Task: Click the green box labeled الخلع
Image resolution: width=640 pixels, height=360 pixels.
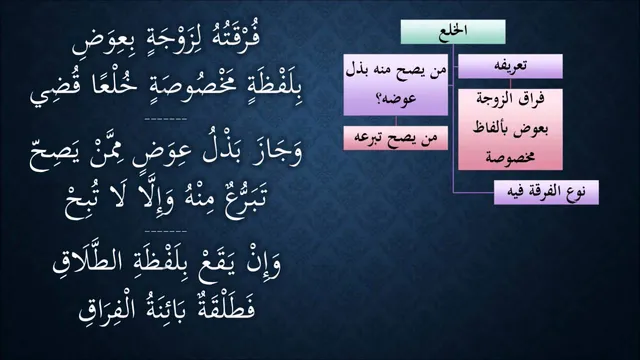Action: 453,31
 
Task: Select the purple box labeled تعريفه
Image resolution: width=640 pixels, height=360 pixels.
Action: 510,66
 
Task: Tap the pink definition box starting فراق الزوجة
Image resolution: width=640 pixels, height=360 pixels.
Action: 510,129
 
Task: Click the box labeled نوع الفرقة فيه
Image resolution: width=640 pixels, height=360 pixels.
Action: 546,192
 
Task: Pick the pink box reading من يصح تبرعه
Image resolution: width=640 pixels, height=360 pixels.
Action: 396,138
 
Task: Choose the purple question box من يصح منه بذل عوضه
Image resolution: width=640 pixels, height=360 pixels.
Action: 396,84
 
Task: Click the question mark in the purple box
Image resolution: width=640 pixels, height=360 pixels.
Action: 379,99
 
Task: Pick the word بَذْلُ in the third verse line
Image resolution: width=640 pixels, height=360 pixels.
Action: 223,149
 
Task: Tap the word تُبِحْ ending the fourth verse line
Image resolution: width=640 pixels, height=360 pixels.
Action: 81,204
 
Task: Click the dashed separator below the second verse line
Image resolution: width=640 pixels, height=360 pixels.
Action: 166,120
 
